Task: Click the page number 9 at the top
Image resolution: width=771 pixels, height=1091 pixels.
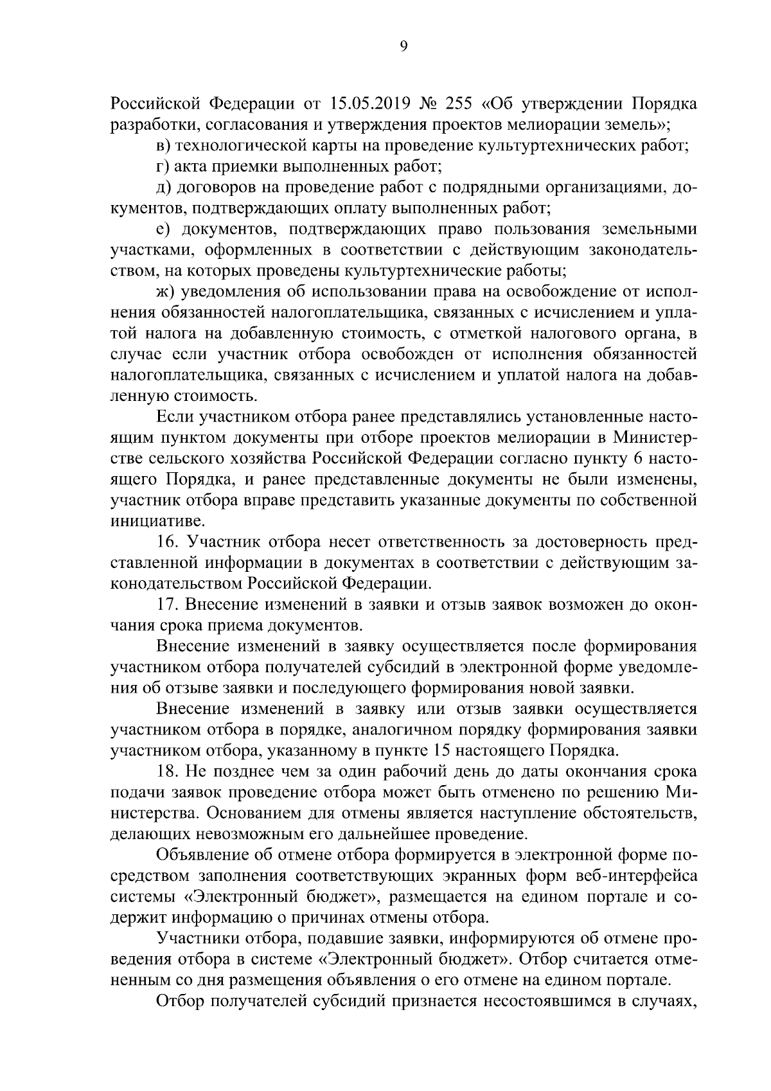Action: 403,45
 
